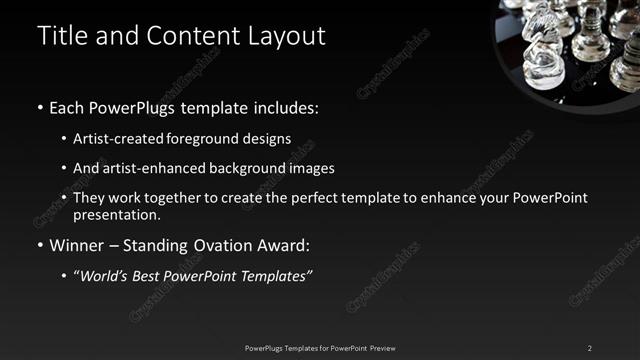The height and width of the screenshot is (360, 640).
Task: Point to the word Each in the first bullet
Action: pos(66,107)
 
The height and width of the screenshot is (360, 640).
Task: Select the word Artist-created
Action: pos(113,138)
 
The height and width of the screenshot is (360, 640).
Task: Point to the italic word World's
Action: pos(108,276)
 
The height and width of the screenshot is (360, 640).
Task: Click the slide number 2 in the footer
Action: pos(590,348)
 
